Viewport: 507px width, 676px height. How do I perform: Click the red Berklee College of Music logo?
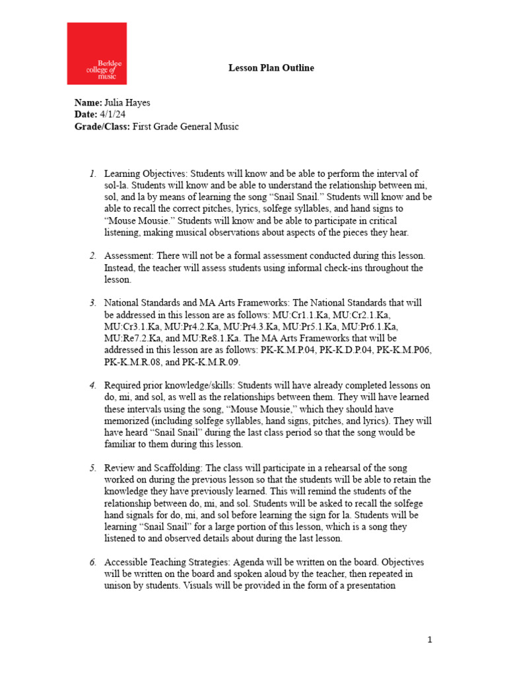[x=96, y=53]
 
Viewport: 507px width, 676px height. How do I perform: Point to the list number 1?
[x=92, y=174]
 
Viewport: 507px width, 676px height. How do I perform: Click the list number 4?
[x=92, y=385]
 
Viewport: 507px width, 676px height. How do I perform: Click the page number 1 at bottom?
[x=430, y=640]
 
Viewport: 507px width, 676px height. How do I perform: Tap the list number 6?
[x=92, y=562]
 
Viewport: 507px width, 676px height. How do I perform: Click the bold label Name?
[x=88, y=104]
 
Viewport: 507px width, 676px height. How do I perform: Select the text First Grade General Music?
[x=186, y=126]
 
